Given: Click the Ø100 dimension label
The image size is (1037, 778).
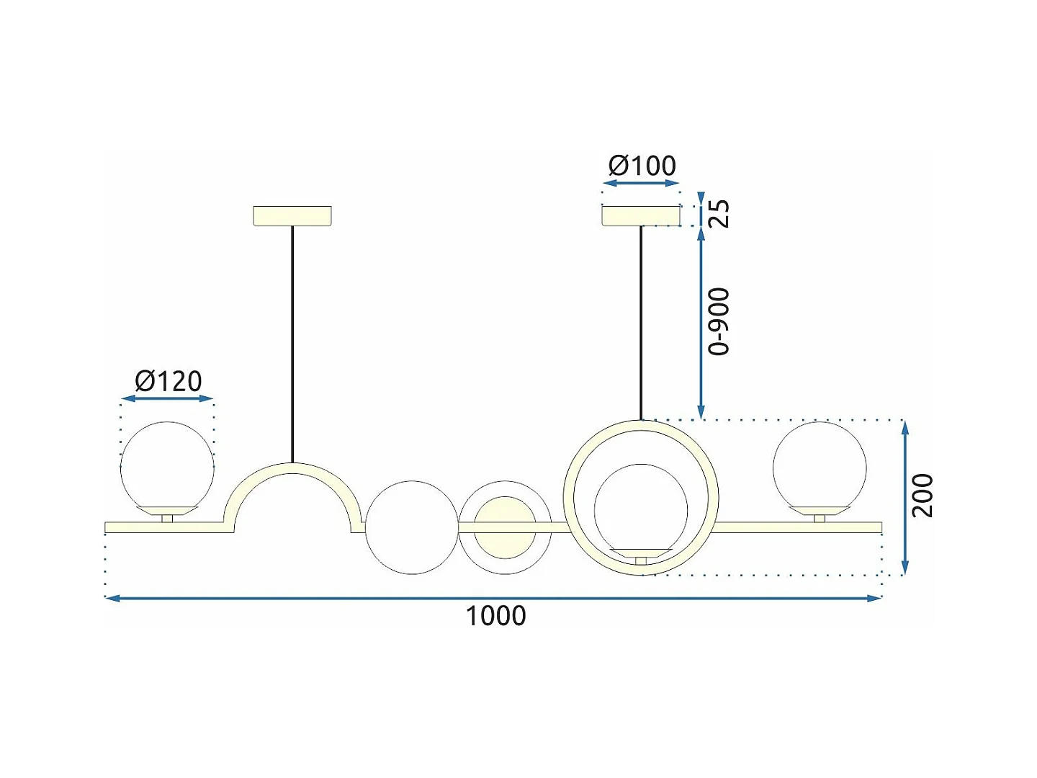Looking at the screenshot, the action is tap(642, 166).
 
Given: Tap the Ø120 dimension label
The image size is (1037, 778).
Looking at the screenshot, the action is tap(169, 381).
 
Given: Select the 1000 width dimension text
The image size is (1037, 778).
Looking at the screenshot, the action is tap(495, 616).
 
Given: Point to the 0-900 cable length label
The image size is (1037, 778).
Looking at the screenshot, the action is tap(719, 321).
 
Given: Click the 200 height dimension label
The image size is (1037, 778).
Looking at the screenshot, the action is tap(922, 495).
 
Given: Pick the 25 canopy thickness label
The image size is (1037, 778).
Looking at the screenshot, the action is tap(719, 213).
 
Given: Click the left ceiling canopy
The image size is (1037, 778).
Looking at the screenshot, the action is tap(292, 215).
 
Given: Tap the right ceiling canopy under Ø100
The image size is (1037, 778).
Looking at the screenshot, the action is tap(641, 215).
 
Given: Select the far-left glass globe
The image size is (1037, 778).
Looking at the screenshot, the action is tap(167, 465).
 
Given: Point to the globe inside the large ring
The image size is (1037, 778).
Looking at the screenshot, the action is tap(641, 508).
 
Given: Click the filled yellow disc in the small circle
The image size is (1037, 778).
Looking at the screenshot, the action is tap(505, 527).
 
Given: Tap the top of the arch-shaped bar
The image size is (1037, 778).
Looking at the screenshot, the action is tap(292, 468).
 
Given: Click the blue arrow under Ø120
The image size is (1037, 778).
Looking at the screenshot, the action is tap(167, 398).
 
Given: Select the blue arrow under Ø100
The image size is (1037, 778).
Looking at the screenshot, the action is tap(641, 183).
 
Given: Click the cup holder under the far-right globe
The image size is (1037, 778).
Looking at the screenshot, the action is tap(820, 511).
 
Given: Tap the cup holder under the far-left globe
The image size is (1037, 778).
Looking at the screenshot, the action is tap(167, 511).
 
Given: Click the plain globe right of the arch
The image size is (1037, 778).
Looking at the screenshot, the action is tap(412, 527).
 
